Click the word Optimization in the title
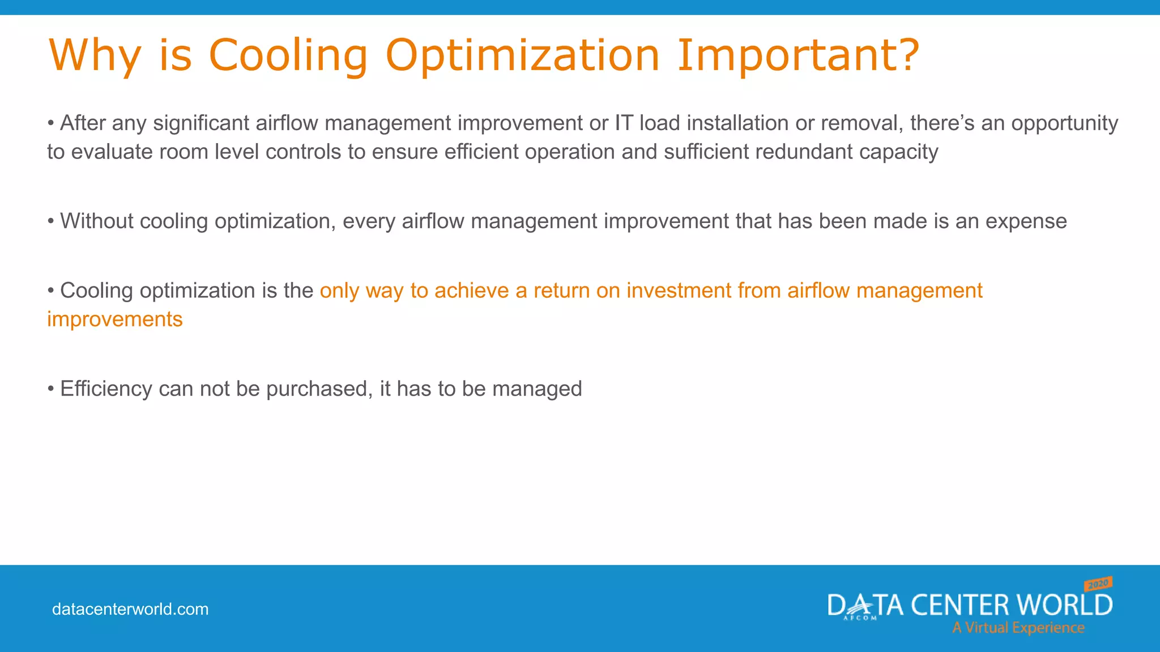tap(522, 55)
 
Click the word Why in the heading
tap(94, 55)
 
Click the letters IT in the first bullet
tap(624, 123)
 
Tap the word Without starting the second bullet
tap(96, 221)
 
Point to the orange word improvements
tap(115, 320)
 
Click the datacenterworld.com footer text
tap(130, 610)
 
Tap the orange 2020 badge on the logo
tap(1098, 584)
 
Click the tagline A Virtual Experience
tap(1018, 628)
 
